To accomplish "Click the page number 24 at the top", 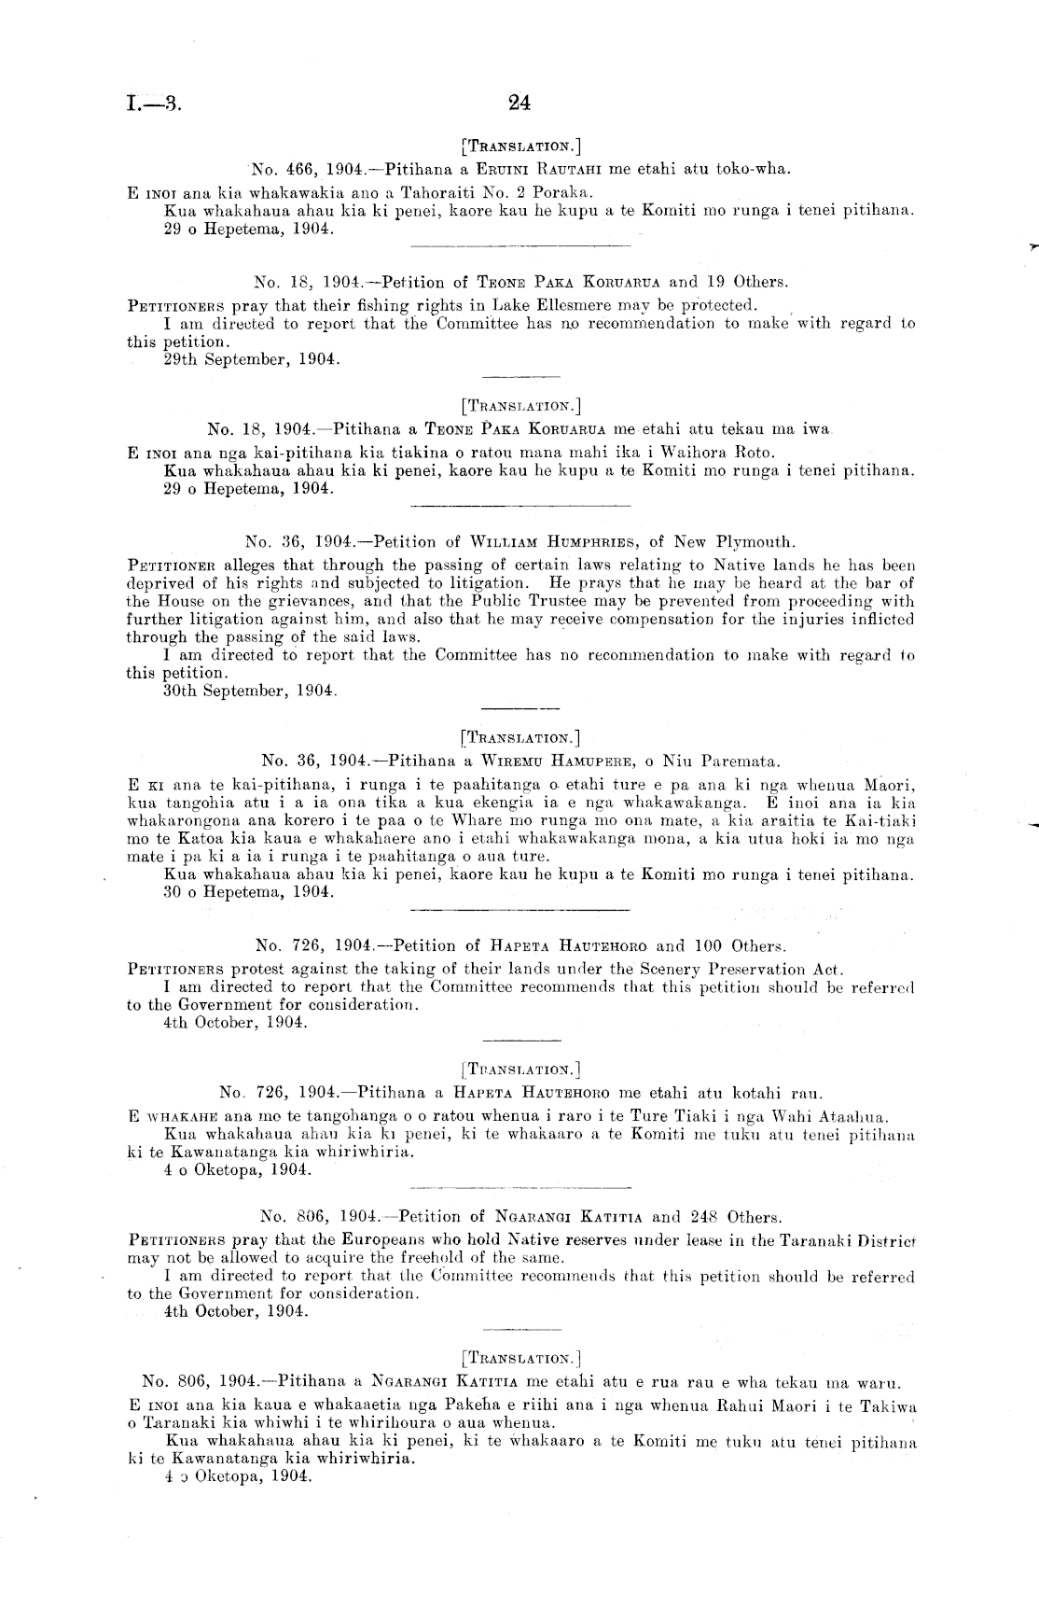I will click(519, 104).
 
